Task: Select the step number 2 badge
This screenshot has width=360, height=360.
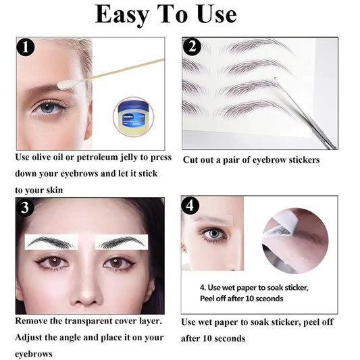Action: [192, 48]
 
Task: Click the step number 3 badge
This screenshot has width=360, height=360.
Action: [26, 207]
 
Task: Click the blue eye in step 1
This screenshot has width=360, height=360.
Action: [48, 107]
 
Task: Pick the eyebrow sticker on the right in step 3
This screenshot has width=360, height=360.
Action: [122, 242]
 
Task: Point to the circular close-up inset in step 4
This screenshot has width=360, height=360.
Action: [294, 240]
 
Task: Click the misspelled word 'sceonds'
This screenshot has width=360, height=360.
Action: [267, 298]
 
